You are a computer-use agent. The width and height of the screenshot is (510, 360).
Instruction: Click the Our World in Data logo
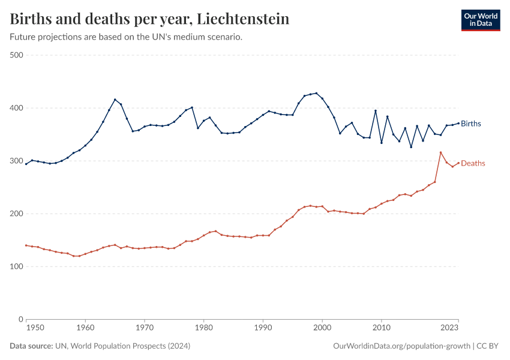point(480,20)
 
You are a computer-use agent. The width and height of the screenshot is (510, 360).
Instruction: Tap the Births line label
point(471,124)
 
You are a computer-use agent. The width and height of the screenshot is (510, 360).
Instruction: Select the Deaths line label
point(473,163)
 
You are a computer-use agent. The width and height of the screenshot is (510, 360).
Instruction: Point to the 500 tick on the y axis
point(16,55)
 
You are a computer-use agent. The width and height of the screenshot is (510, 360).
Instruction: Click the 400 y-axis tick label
point(16,108)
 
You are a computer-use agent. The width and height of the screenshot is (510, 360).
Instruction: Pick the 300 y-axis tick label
point(16,161)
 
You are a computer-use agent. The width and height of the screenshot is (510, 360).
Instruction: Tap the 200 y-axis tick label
point(16,214)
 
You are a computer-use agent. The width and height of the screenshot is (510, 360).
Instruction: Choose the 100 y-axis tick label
point(16,266)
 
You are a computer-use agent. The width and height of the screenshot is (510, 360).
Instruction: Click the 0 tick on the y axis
point(20,319)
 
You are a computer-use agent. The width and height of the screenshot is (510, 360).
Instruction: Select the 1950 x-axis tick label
point(35,328)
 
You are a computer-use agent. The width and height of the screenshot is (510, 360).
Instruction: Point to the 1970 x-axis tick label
point(145,328)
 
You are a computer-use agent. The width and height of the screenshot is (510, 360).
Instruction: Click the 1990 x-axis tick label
point(263,328)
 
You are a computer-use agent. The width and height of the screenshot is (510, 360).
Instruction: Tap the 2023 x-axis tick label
point(450,328)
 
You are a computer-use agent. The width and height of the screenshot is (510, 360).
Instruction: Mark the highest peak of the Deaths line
point(440,152)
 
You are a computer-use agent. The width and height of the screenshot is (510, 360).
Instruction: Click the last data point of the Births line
point(458,123)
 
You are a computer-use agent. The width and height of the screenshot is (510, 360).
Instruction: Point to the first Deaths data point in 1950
point(26,245)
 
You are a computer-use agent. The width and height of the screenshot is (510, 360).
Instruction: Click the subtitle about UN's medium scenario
point(126,37)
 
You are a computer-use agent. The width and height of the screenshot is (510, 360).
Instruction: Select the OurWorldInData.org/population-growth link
point(401,346)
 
